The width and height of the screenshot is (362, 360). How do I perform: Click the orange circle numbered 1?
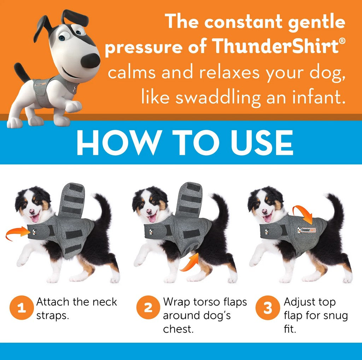(x=22, y=308)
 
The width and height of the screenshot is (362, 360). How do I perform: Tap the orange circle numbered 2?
(x=148, y=308)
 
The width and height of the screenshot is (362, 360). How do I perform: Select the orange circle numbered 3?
(x=268, y=308)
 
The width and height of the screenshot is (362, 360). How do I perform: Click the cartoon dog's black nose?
(x=90, y=61)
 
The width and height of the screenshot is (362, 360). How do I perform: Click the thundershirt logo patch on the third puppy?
(x=306, y=230)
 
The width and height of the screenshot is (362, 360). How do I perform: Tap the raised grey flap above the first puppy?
(x=72, y=200)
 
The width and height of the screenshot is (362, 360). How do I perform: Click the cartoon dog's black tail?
(x=22, y=72)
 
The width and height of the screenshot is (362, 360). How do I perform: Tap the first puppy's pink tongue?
(x=35, y=218)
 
